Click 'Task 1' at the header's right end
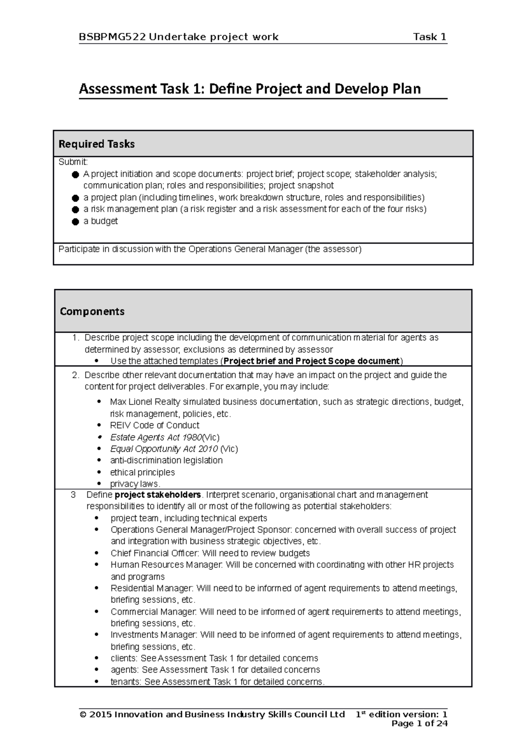(430, 37)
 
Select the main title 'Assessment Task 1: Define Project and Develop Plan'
(249, 89)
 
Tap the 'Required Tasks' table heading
(96, 144)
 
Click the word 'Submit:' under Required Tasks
(73, 162)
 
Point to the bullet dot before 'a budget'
(75, 222)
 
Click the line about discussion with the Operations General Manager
(210, 249)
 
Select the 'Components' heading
(92, 312)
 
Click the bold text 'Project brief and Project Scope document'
(312, 361)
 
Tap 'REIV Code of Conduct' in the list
(155, 425)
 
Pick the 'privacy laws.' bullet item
(135, 484)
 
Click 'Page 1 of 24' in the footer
(419, 723)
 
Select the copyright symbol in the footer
(83, 715)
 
